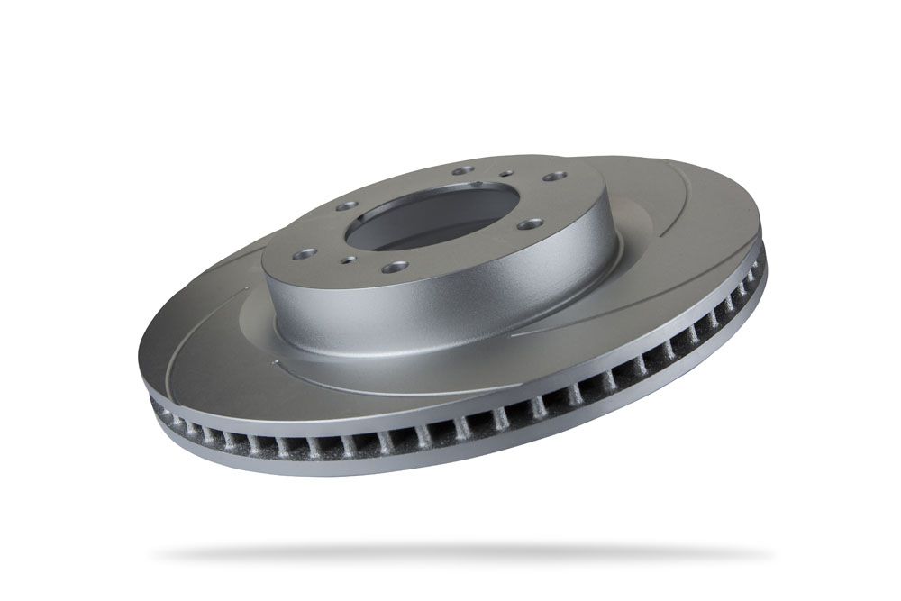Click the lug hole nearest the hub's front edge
pyautogui.click(x=395, y=267)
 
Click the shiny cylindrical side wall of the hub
pyautogui.click(x=450, y=306)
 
